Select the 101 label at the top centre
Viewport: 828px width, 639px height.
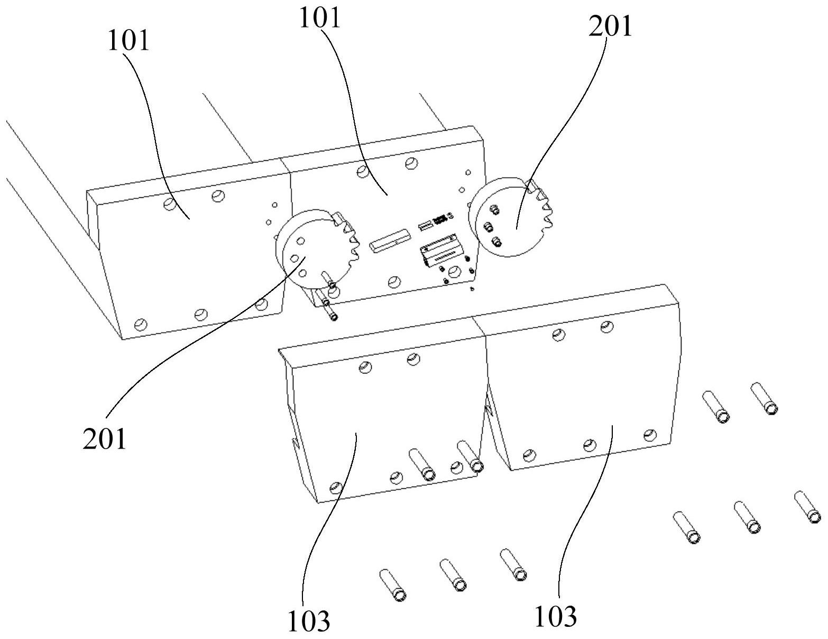click(x=320, y=18)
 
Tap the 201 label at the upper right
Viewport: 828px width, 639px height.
click(x=610, y=26)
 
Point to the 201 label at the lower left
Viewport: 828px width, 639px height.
click(x=104, y=439)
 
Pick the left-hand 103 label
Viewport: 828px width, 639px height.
click(x=308, y=621)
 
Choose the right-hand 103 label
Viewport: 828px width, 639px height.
click(x=555, y=616)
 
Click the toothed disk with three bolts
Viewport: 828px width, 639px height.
click(x=511, y=217)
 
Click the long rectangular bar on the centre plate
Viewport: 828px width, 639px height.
click(x=389, y=240)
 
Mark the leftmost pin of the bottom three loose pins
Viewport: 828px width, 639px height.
click(x=393, y=585)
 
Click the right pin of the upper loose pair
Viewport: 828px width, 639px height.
click(x=764, y=399)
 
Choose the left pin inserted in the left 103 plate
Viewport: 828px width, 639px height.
click(x=422, y=464)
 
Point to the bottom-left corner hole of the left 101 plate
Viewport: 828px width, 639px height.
click(x=141, y=325)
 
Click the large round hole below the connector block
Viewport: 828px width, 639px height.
click(x=454, y=272)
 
